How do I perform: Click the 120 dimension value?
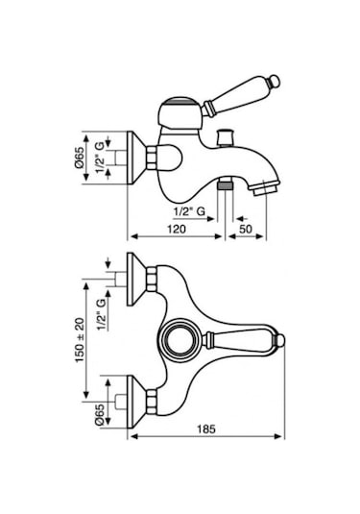177,229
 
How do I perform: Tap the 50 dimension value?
246,229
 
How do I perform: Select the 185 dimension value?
206,428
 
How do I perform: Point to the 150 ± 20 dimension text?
81,340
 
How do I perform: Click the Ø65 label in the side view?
80,158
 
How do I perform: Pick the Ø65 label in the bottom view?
100,415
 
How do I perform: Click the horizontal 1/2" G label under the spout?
189,212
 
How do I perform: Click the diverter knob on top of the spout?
226,136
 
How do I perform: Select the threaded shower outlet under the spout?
225,184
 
